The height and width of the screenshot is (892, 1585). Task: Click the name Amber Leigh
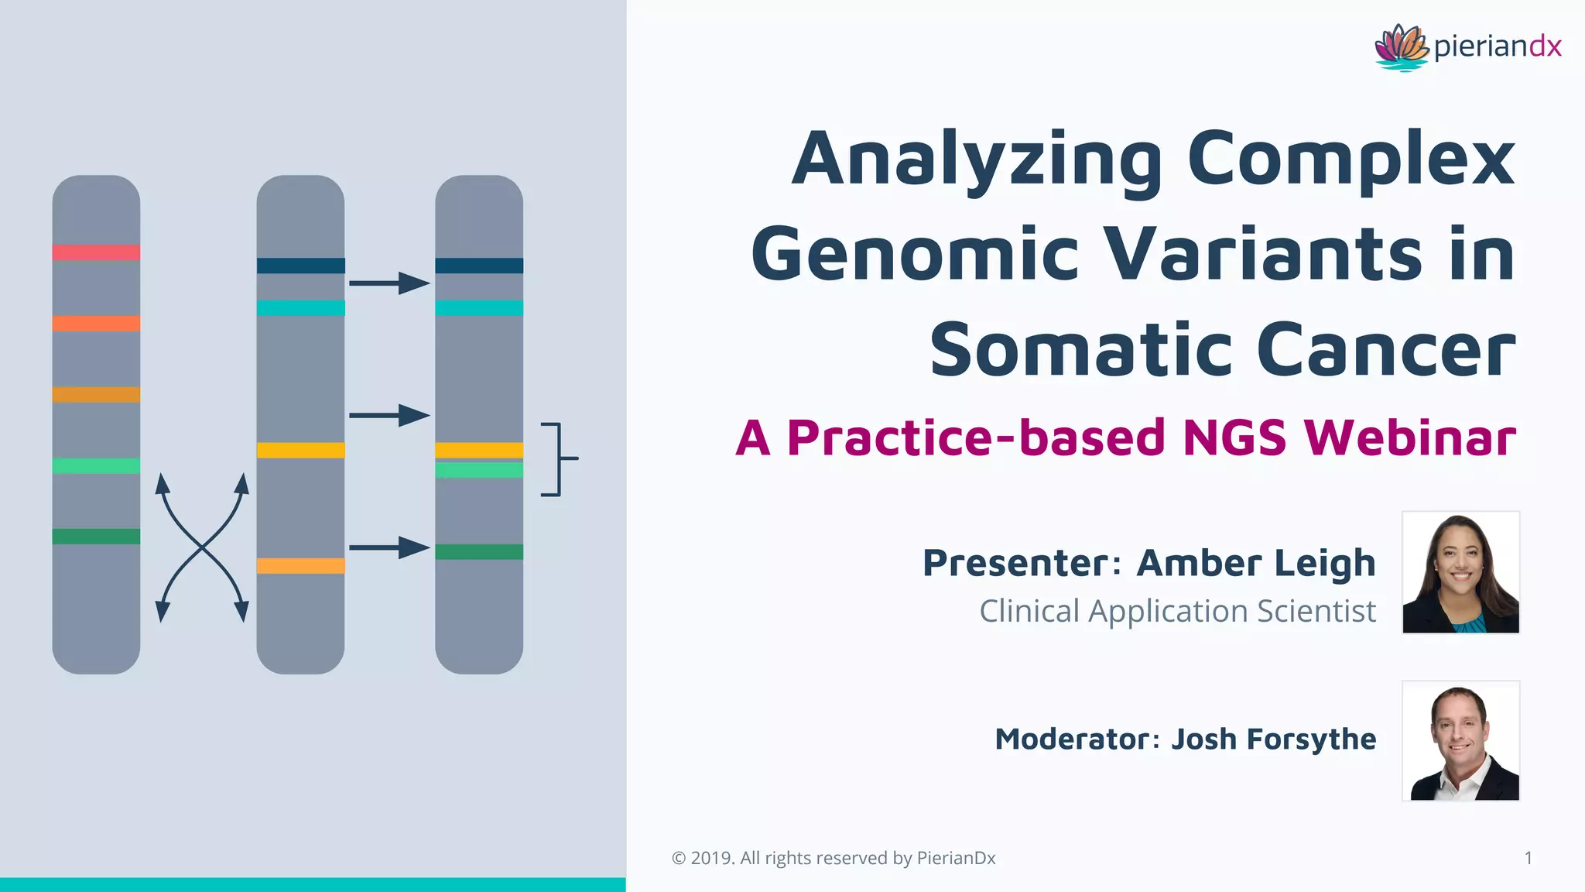tap(1256, 563)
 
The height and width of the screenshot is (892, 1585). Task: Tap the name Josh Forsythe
tap(1273, 739)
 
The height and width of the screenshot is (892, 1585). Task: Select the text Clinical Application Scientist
tap(1177, 611)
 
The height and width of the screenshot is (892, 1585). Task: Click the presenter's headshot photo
tap(1460, 572)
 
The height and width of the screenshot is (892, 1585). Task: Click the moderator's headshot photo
tap(1460, 741)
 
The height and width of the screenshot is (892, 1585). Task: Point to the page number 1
tap(1528, 858)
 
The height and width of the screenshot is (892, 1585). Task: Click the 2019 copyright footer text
tap(834, 858)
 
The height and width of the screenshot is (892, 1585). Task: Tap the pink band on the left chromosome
tap(96, 252)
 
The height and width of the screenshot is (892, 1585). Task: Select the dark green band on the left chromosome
tap(96, 536)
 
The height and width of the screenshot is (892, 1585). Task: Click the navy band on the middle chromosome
tap(300, 266)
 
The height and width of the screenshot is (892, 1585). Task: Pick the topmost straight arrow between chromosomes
tap(389, 283)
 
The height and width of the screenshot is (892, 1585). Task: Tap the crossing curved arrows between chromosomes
tap(202, 547)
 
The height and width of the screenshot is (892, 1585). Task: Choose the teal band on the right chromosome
tap(479, 308)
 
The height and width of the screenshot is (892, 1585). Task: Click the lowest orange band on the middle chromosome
tap(300, 566)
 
